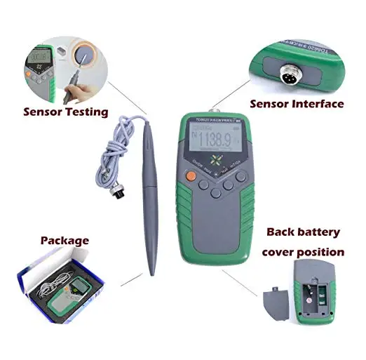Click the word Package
pyautogui.click(x=65, y=240)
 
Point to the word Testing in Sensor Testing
pyautogui.click(x=87, y=111)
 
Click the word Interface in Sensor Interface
pyautogui.click(x=320, y=104)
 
